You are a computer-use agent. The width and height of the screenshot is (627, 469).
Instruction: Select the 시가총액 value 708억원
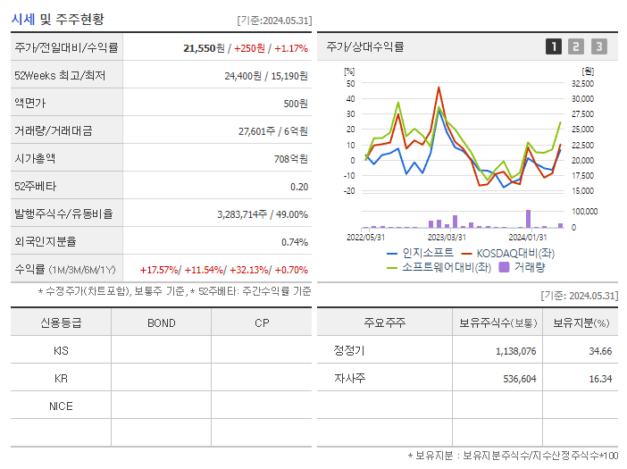[289, 159]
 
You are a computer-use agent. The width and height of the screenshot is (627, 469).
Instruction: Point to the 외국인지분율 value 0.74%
[294, 242]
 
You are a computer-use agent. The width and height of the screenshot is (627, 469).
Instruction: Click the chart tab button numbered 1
[554, 47]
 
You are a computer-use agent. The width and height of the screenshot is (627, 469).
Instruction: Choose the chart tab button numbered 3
[598, 47]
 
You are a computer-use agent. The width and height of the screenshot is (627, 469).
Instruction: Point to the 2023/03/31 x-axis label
[447, 237]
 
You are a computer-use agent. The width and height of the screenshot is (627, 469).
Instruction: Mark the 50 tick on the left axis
[350, 83]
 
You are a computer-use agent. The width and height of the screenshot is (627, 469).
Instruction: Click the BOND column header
[161, 322]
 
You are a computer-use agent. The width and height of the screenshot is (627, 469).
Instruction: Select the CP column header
[261, 322]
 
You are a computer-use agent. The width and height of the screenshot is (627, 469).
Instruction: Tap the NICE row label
[61, 406]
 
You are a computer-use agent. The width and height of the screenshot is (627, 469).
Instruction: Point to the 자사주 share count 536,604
[515, 379]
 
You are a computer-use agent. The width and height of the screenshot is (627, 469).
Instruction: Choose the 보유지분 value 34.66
[601, 351]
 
